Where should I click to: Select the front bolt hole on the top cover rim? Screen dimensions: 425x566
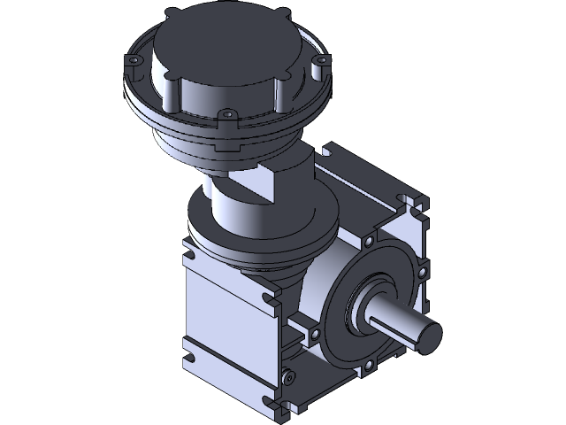click(x=226, y=114)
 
